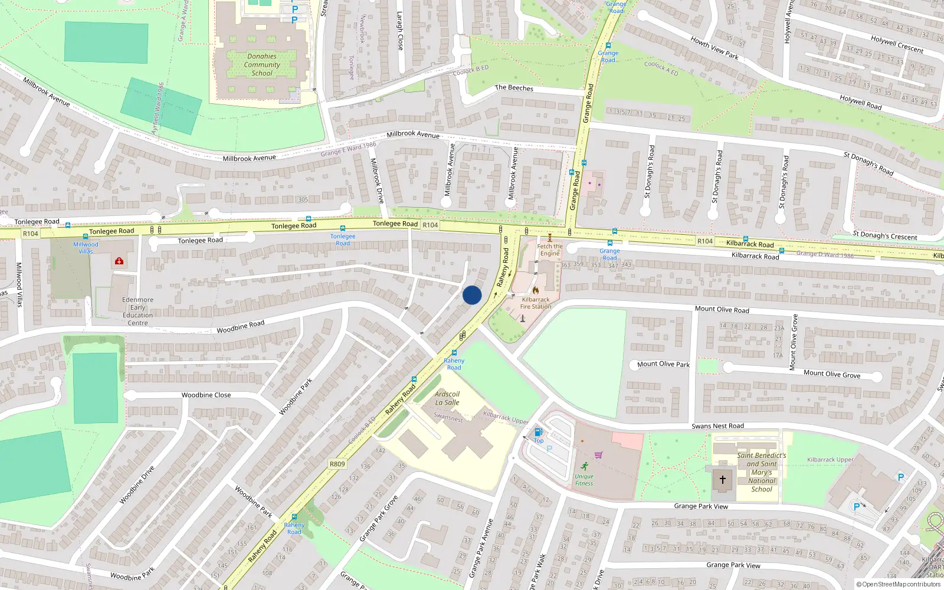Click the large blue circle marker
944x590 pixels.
(472, 295)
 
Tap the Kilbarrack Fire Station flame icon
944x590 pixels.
(536, 290)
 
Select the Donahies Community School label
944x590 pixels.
(262, 65)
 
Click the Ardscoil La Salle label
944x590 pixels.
(447, 398)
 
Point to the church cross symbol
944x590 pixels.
(723, 479)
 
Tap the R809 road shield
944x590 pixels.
(337, 464)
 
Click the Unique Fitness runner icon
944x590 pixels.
(584, 466)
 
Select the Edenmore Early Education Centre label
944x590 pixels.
(137, 311)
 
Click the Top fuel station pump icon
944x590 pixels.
(538, 432)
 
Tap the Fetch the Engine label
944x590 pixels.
(550, 250)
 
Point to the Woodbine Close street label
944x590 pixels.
(206, 395)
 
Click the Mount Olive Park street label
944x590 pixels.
(663, 364)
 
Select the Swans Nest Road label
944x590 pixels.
(717, 426)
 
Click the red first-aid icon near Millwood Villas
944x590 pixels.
(119, 261)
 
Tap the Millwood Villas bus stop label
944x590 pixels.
(86, 247)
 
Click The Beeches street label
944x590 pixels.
(514, 88)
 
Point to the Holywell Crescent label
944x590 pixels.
(897, 44)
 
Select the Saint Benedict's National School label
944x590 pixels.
(761, 472)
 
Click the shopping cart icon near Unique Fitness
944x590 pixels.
(599, 455)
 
